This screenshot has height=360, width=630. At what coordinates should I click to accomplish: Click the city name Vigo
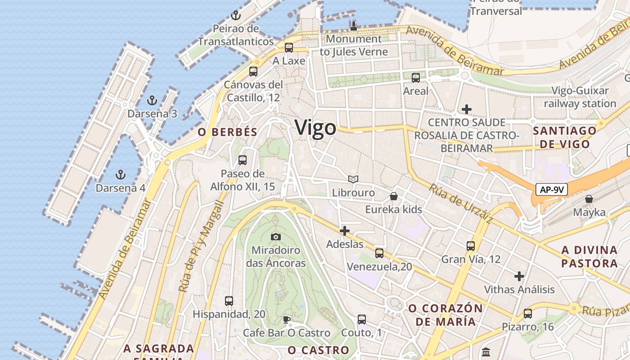(315, 128)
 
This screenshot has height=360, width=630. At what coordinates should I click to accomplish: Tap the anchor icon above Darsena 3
(152, 100)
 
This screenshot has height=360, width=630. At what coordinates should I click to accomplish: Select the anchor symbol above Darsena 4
(120, 174)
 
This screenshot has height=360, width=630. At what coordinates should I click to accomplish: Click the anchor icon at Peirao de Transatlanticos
(235, 15)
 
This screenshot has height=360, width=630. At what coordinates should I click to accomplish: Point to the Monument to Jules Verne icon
(354, 26)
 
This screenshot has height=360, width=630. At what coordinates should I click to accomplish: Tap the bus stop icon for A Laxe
(289, 47)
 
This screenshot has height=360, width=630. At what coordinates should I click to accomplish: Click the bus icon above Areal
(416, 77)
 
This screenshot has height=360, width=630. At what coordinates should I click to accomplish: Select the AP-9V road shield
(552, 190)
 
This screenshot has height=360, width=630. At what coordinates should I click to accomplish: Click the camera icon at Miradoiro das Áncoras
(276, 237)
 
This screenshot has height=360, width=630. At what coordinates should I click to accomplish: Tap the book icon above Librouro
(353, 180)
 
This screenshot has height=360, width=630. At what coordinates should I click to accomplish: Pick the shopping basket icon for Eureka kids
(394, 196)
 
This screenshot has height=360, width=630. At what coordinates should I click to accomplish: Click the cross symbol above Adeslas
(345, 231)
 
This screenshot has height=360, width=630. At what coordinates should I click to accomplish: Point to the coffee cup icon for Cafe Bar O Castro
(287, 319)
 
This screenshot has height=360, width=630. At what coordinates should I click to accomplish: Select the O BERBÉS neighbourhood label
(227, 132)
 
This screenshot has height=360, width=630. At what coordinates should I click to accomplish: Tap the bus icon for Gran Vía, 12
(471, 246)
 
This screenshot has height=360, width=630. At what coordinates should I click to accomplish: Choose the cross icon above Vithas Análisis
(519, 276)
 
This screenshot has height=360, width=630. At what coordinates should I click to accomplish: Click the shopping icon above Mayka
(589, 198)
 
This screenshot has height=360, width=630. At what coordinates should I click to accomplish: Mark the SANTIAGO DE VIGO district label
(565, 137)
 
